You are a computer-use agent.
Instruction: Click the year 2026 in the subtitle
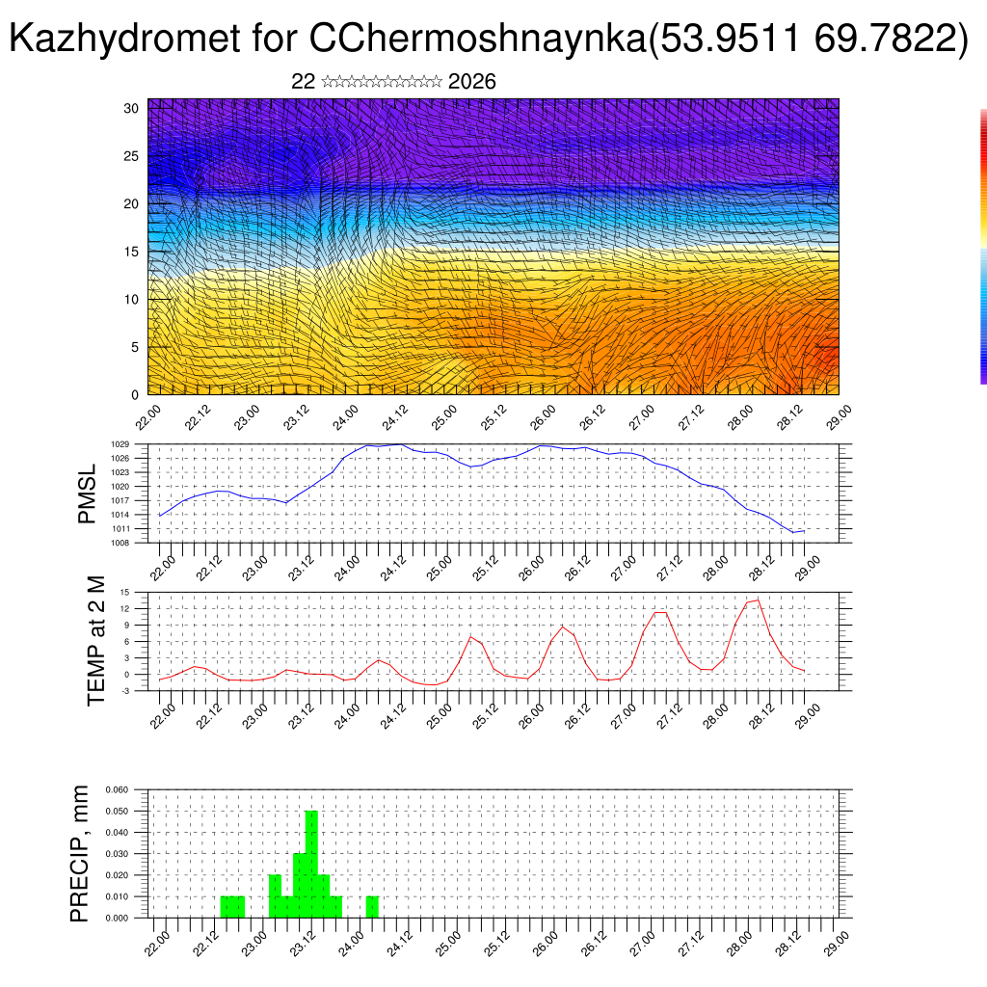tap(472, 82)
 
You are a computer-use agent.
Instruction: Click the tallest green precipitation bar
tap(311, 864)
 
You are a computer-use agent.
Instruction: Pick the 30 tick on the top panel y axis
tap(131, 108)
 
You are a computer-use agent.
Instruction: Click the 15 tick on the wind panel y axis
tap(131, 252)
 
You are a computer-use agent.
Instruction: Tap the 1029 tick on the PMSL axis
tap(120, 444)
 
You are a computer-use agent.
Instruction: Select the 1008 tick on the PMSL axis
tap(120, 543)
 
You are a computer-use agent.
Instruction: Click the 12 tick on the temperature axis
tap(124, 609)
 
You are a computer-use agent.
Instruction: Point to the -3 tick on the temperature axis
tap(124, 691)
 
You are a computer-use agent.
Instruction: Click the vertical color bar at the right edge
tap(983, 246)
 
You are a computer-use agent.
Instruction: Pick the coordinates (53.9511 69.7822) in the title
tap(806, 39)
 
